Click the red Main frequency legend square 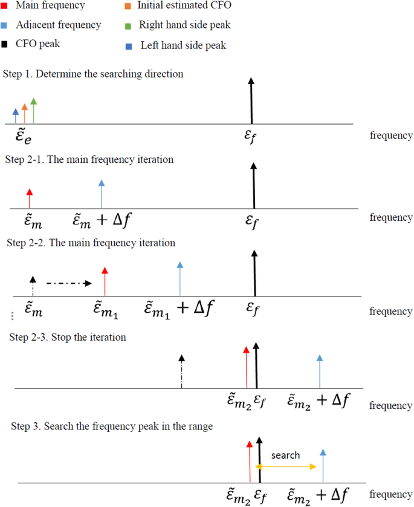pos(4,6)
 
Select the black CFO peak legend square pos(4,44)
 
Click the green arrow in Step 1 pos(34,111)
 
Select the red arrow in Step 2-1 pos(29,198)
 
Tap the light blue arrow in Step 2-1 pos(102,194)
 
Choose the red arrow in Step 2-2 pos(105,281)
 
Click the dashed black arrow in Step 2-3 pos(181,371)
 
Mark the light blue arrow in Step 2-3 pos(320,371)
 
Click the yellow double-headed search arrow pos(286,466)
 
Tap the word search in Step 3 pos(285,455)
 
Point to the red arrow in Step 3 pos(249,462)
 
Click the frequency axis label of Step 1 pos(391,135)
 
